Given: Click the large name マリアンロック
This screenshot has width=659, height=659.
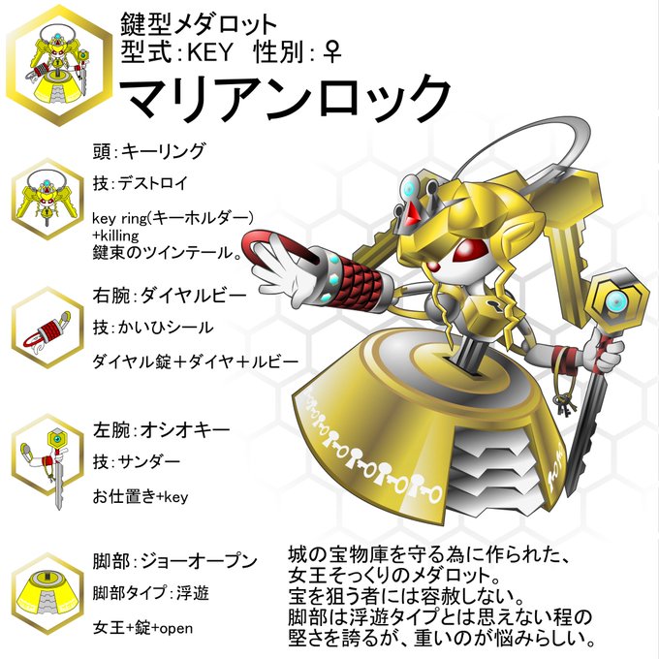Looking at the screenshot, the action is click(286, 99).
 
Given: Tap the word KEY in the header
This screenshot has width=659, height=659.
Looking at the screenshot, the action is click(209, 52).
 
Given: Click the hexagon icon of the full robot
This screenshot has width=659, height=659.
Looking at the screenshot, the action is click(59, 66).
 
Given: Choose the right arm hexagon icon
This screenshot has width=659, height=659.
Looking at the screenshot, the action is click(47, 329).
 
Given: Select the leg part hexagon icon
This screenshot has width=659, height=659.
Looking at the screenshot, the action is click(47, 593).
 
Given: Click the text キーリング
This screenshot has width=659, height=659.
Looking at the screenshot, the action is click(163, 151).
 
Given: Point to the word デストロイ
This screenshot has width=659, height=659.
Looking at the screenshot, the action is click(153, 183).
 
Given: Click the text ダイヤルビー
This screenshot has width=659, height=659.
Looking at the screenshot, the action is click(194, 296).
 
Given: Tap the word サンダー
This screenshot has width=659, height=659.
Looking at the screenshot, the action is click(149, 462).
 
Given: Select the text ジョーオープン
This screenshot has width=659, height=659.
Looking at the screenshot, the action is click(199, 561).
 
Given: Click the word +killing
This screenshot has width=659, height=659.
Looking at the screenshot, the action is click(115, 235).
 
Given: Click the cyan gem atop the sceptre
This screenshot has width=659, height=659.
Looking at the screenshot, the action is click(614, 301).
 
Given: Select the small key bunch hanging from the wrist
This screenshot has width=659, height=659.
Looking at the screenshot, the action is click(564, 404).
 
